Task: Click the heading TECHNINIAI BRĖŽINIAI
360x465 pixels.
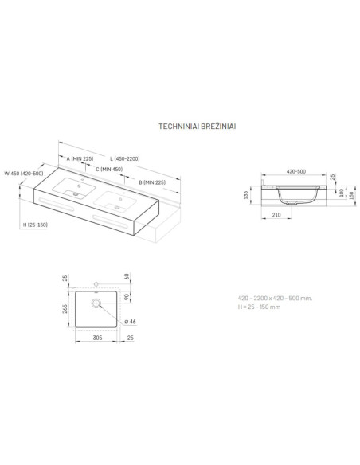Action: (198, 127)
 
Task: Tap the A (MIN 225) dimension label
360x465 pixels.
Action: (80, 158)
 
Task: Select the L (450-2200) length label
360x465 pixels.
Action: (125, 158)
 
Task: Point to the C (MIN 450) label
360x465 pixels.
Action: (109, 170)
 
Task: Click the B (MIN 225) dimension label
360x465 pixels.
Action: (152, 182)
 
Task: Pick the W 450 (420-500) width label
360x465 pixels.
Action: (24, 174)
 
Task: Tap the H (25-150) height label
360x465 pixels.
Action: (35, 225)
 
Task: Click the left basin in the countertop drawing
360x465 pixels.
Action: (74, 188)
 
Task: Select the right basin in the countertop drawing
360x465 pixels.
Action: (115, 201)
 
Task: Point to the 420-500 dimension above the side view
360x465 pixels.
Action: (296, 171)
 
